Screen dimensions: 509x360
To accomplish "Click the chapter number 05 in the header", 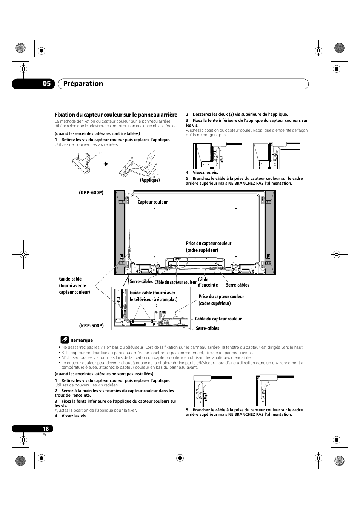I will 46,84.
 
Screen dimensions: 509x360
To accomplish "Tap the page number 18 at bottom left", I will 45,429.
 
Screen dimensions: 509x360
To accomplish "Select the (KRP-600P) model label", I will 91,193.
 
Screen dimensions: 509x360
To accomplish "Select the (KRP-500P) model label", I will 91,325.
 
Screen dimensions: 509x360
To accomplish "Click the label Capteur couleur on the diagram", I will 152,202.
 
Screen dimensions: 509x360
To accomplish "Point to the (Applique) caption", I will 150,180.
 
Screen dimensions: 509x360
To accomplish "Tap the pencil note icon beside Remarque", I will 65,340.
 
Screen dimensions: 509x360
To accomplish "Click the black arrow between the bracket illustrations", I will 106,164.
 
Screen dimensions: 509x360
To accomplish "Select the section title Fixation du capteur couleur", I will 116,115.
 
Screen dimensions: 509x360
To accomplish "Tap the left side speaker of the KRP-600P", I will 120,232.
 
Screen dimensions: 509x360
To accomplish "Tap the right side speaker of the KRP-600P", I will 270,232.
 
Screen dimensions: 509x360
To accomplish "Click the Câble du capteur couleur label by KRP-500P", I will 218,319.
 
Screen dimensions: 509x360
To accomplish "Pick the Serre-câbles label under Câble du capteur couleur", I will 207,328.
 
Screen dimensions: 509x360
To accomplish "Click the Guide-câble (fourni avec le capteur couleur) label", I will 74,285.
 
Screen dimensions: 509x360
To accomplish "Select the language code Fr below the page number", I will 45,435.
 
